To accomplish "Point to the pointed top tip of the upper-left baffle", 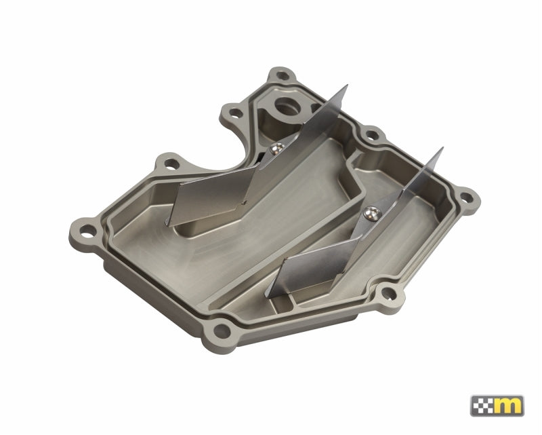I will [x=346, y=87].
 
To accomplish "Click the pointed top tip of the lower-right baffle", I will [x=442, y=149].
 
